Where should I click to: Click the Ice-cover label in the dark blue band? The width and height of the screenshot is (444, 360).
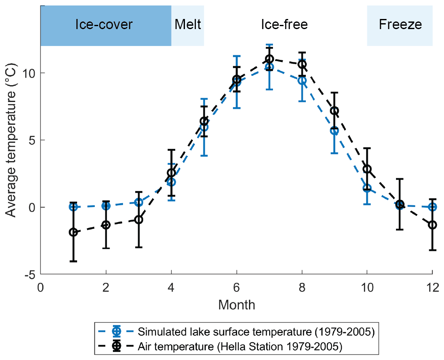tap(104, 24)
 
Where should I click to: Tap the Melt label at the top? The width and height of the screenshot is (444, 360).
tap(188, 24)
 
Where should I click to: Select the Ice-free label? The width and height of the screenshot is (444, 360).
tap(284, 24)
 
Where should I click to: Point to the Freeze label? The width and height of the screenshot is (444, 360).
tap(400, 24)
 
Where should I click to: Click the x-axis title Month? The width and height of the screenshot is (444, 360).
tap(236, 304)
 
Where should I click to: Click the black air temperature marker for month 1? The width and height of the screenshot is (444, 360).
tap(73, 232)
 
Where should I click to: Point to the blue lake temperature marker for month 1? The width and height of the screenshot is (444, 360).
tap(73, 207)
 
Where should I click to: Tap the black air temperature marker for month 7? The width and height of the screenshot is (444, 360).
tap(270, 59)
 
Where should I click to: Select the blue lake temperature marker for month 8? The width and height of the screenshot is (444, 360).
tap(302, 80)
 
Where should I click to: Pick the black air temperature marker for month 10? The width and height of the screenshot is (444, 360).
tap(367, 169)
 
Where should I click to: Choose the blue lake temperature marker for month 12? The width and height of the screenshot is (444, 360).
tap(432, 207)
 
